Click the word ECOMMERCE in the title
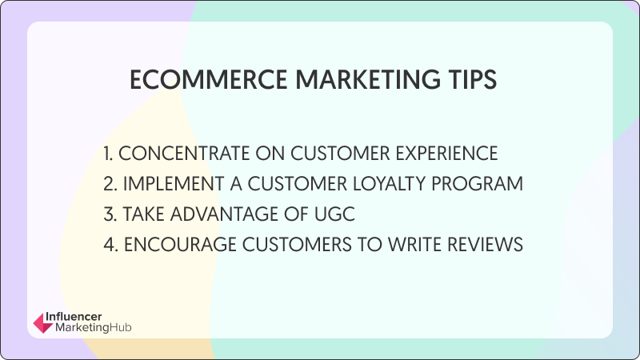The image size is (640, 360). (x=209, y=79)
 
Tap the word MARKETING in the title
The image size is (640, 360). (x=368, y=79)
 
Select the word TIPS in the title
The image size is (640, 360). (x=472, y=79)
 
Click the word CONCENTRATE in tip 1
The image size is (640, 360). (x=185, y=154)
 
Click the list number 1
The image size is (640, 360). (x=108, y=154)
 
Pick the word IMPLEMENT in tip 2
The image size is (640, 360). (x=174, y=184)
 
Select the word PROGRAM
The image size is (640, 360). (x=477, y=184)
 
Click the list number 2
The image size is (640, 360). (x=110, y=184)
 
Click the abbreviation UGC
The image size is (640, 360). (x=334, y=214)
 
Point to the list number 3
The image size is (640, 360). (x=110, y=214)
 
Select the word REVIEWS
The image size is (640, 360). (x=485, y=245)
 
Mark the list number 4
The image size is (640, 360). (x=110, y=245)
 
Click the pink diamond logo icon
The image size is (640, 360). (x=43, y=323)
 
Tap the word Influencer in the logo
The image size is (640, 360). (x=74, y=317)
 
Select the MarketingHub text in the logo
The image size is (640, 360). (x=93, y=327)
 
